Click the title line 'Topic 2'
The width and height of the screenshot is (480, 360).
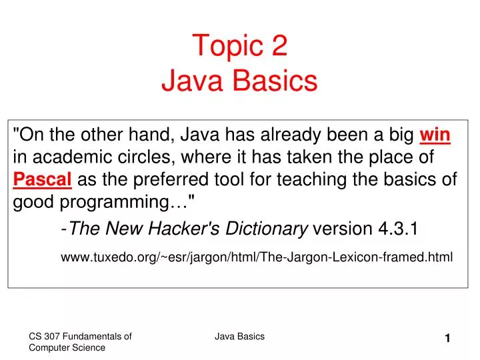(x=240, y=46)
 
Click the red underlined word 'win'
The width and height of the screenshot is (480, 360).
(x=435, y=135)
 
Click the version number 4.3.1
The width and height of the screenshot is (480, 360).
(x=398, y=229)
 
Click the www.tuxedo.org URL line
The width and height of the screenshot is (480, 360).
(x=257, y=257)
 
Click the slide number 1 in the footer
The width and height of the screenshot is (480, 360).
(x=449, y=339)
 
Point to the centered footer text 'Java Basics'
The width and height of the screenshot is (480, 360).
(x=239, y=337)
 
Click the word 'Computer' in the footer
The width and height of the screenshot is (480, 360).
(x=49, y=348)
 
